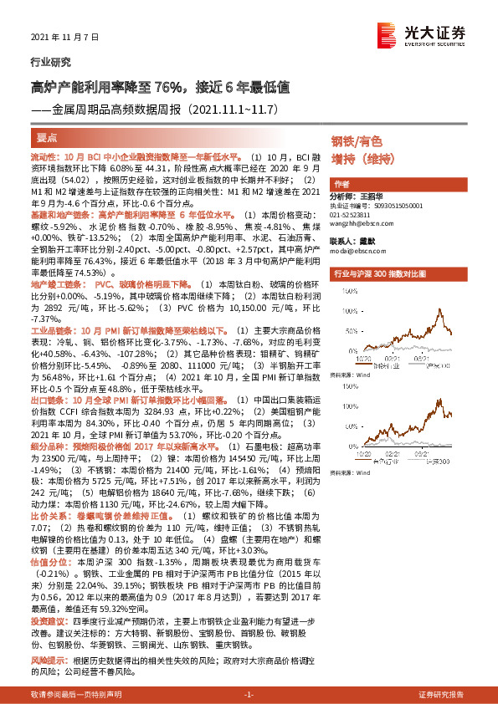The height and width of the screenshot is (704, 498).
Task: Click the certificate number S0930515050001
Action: (x=393, y=205)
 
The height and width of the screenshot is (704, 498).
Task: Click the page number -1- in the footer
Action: (x=249, y=695)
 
